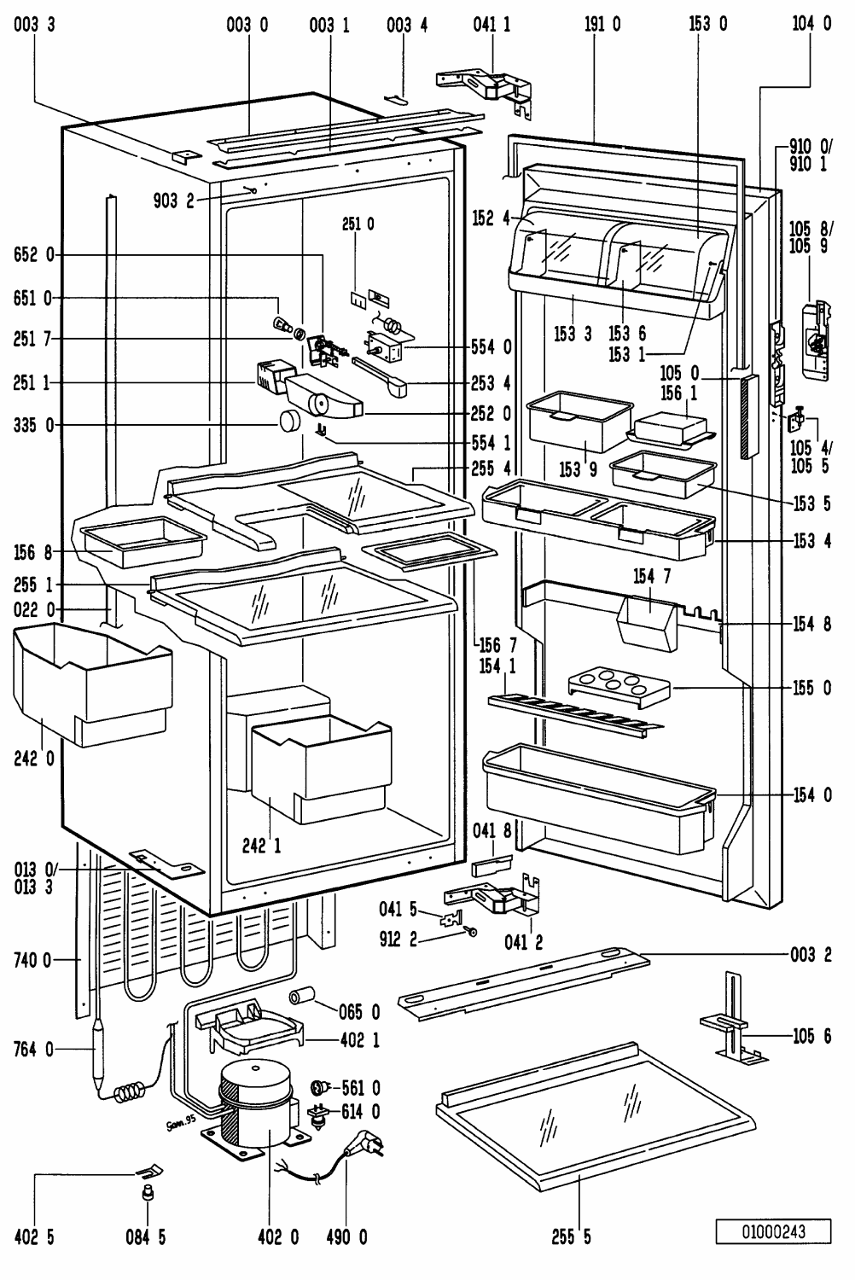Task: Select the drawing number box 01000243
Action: pos(773,1231)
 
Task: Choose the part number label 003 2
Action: pos(811,955)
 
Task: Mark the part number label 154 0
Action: pos(811,795)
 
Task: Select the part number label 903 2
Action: pos(176,201)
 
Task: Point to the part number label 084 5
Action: pos(148,1236)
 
